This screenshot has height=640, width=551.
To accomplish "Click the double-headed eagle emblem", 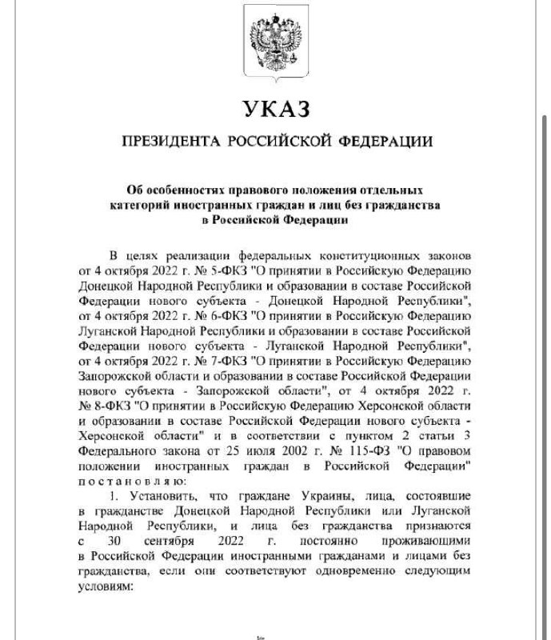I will pos(275,42).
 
